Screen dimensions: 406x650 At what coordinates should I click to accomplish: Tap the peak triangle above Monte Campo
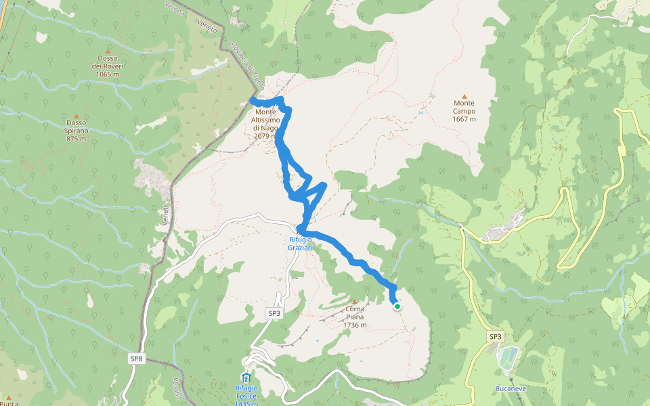point(464,96)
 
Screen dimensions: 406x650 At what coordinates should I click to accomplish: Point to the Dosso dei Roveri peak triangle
point(108,49)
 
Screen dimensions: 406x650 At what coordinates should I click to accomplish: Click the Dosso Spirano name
point(77,131)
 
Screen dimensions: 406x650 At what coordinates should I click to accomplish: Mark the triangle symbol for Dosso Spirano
point(77,116)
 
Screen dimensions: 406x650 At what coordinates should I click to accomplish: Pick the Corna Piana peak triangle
point(354,301)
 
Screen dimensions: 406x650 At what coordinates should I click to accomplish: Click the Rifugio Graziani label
point(301,244)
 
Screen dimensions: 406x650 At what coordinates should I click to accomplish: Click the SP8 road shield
point(136,358)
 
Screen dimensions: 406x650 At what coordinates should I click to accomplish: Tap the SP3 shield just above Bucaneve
point(496,336)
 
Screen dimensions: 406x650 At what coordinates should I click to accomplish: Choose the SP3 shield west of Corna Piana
point(274,313)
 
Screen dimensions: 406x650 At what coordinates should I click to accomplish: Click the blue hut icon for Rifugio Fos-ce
point(246,377)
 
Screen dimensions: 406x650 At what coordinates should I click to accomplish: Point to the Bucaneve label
point(511,389)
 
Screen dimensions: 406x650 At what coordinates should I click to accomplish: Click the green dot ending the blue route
point(397,307)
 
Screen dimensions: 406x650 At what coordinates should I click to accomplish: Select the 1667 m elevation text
point(464,119)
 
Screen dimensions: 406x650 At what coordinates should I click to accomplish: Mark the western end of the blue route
point(253,100)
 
